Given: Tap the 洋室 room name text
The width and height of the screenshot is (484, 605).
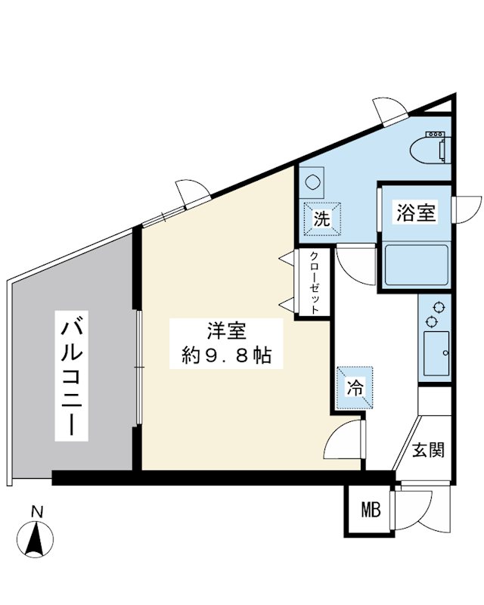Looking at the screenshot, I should tap(225, 330).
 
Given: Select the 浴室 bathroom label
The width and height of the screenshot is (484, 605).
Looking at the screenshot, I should tap(415, 213).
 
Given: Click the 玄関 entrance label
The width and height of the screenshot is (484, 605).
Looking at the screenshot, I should tap(427, 449).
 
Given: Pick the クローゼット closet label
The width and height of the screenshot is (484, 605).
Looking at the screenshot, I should tap(314, 283).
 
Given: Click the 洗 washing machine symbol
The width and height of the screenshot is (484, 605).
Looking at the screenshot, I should tap(321, 220).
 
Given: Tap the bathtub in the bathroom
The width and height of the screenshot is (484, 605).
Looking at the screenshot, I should tap(417, 265).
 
